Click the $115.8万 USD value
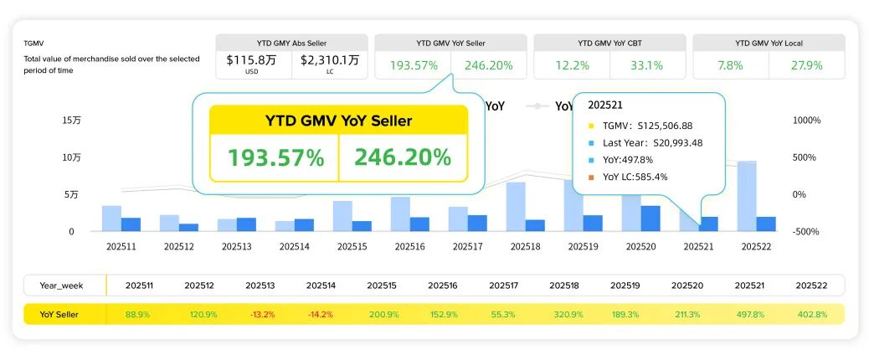coord(253,60)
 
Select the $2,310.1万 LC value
coord(330,60)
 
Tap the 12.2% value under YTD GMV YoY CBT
coord(573,64)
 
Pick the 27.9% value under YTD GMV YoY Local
coord(807,64)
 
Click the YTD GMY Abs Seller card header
coord(291,43)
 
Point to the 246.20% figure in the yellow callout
coord(403,157)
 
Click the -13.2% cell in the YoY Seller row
coord(261,314)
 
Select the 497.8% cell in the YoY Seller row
coord(751,314)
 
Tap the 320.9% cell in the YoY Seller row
coord(568,314)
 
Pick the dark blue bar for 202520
coord(650,218)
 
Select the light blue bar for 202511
coord(111,218)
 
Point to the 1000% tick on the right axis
coord(807,121)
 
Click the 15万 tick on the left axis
coord(70,121)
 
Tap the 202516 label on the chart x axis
coord(409,247)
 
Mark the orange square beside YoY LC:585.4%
coord(591,177)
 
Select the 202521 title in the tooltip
coord(607,105)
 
